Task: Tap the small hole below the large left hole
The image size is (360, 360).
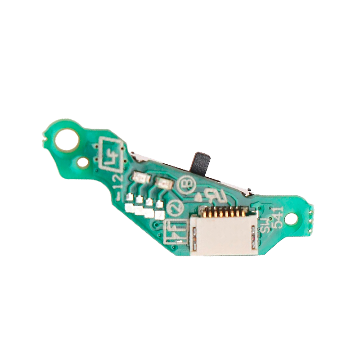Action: pyautogui.click(x=83, y=162)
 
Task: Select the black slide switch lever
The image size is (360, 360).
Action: pyautogui.click(x=201, y=164)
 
